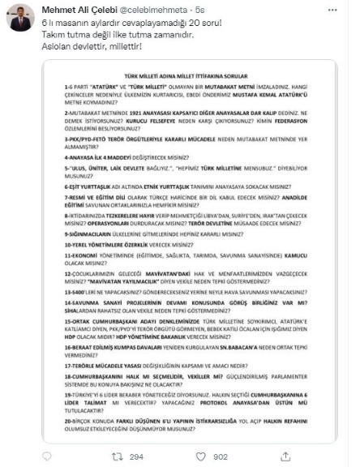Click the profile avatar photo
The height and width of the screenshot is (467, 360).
tap(20, 20)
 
